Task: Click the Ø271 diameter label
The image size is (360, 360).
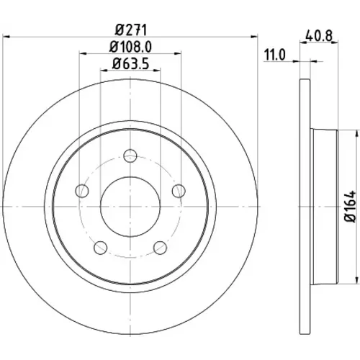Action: [130, 30]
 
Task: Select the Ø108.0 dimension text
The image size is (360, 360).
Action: [130, 47]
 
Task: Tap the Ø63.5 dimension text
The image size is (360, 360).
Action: [130, 64]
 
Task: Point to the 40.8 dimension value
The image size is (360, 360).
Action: [319, 36]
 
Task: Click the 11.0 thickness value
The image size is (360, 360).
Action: [275, 55]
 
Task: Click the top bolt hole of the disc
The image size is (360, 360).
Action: [130, 156]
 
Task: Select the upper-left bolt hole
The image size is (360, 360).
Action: [82, 191]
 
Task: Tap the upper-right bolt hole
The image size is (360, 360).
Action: [179, 191]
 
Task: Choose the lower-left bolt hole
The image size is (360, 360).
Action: [100, 248]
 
